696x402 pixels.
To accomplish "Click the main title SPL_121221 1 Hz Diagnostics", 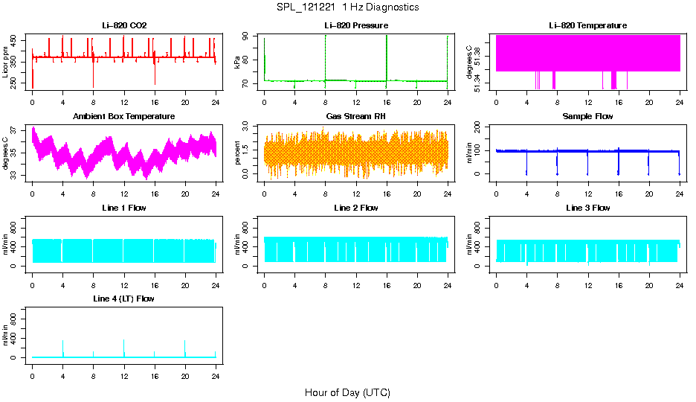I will (x=347, y=7).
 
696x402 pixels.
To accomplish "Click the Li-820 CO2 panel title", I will (x=124, y=26).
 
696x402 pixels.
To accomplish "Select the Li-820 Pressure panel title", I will (x=355, y=26).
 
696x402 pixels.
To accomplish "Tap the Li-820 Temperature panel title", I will (x=587, y=26).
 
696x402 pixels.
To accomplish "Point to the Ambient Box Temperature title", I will (x=124, y=117).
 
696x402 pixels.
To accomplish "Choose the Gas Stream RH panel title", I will (x=355, y=117).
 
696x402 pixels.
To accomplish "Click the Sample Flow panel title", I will (x=587, y=117).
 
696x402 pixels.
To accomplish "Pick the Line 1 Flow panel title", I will (x=124, y=208).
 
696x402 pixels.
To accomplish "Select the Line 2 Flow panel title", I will (x=355, y=208).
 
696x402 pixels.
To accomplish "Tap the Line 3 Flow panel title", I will (x=587, y=208).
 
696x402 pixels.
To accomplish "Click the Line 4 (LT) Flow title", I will (x=124, y=299).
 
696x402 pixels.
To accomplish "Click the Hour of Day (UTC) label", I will (x=347, y=392).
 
